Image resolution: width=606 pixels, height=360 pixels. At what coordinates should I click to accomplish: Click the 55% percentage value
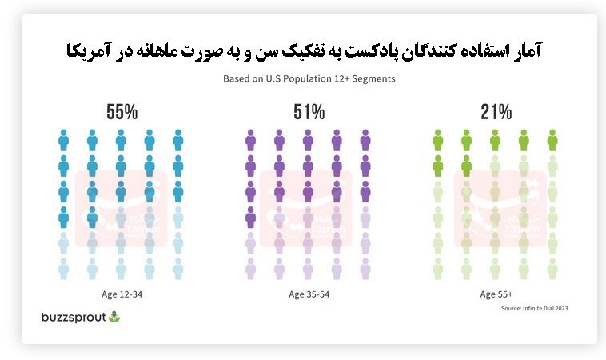pyautogui.click(x=121, y=112)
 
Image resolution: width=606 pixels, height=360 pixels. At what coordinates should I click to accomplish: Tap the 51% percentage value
pyautogui.click(x=309, y=112)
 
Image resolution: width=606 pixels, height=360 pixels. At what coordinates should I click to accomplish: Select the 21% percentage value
pyautogui.click(x=496, y=112)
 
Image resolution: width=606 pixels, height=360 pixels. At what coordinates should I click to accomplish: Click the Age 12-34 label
pyautogui.click(x=121, y=294)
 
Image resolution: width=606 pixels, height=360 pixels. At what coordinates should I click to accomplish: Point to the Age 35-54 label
pyautogui.click(x=309, y=294)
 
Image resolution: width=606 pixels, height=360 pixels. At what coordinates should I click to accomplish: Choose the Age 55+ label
pyautogui.click(x=496, y=294)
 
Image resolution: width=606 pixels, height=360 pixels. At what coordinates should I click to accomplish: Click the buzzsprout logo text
pyautogui.click(x=73, y=317)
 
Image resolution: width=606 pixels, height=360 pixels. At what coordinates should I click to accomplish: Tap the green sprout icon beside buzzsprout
pyautogui.click(x=114, y=317)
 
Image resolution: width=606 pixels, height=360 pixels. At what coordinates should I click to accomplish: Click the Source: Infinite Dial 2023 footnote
pyautogui.click(x=534, y=308)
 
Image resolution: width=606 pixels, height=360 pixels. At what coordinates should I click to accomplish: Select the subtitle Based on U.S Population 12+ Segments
pyautogui.click(x=309, y=79)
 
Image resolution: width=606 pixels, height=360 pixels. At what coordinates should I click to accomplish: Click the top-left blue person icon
pyautogui.click(x=64, y=141)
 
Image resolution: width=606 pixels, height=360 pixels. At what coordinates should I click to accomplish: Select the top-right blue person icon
pyautogui.click(x=177, y=141)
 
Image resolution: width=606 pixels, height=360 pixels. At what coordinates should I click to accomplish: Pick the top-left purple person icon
pyautogui.click(x=250, y=141)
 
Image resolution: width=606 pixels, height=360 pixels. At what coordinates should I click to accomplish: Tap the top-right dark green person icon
pyautogui.click(x=552, y=141)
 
